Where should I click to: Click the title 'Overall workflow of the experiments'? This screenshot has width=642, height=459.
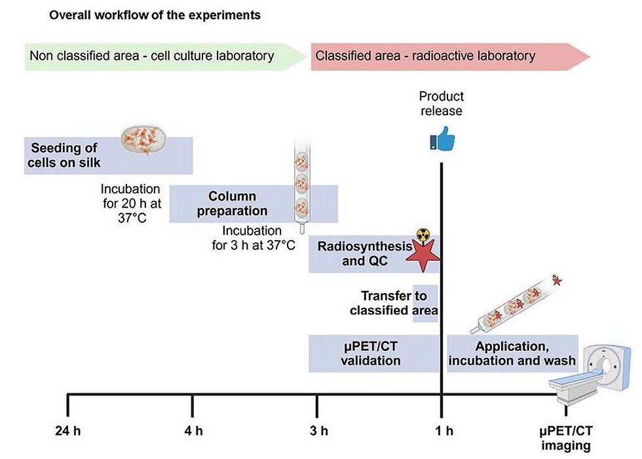155,15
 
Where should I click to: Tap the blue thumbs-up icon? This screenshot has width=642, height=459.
442,138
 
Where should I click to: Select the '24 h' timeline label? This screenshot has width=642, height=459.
67,431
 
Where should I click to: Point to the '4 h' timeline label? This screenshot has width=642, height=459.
193,431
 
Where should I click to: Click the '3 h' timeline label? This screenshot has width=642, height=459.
318,431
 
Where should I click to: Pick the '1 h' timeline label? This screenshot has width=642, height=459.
444,431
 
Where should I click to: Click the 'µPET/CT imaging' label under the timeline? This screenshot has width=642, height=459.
566,438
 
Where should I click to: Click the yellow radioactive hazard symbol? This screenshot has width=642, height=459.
423,235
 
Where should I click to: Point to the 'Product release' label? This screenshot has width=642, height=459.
442,104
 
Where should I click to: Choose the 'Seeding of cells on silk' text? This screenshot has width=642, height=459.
64,155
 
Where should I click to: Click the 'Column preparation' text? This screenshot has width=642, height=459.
232,204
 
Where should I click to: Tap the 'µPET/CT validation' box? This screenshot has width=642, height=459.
374,353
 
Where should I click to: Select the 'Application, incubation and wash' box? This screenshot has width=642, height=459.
512,353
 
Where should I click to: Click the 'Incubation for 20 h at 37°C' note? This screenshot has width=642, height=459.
132,203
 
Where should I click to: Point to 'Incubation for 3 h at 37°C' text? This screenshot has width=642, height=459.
253,237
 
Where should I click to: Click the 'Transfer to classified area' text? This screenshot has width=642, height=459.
394,303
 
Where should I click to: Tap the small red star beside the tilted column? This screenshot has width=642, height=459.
557,281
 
